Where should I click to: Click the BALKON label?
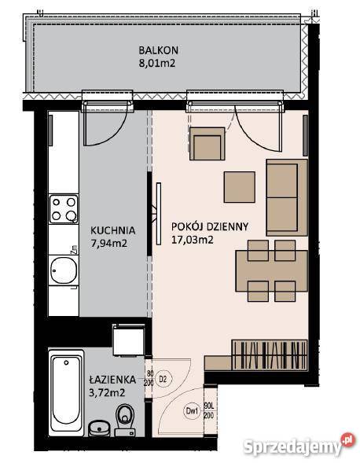coord(158,50)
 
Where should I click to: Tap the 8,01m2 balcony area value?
coord(157,63)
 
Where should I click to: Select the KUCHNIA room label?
coord(113,230)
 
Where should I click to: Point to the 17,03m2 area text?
coord(193,240)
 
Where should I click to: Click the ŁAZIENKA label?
coord(112,380)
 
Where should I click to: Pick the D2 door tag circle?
coord(163,379)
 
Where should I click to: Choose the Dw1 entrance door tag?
coord(193,411)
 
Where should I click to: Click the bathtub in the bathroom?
coord(66,393)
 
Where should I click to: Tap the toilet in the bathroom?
coord(125,421)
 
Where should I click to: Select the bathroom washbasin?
coord(99,428)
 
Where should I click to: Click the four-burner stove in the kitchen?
coord(64,209)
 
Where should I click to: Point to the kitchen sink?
coord(64,270)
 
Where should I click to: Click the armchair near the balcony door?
coord(208,144)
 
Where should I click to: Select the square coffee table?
coord(240,187)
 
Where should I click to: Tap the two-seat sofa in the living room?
coord(287,197)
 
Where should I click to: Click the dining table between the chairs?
coord(271,271)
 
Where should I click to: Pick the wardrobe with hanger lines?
coord(270,355)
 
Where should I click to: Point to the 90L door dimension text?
coord(209,406)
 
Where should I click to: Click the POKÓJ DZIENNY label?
coord(210,226)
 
